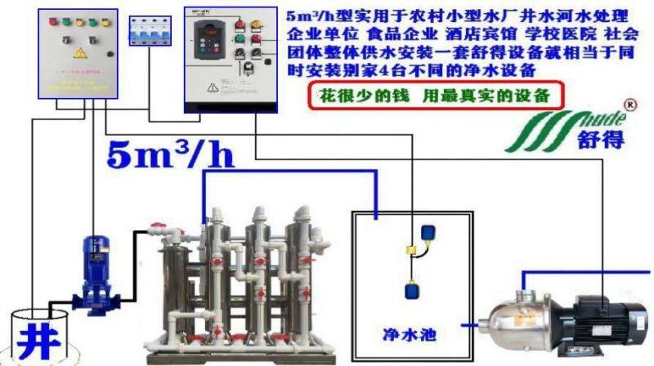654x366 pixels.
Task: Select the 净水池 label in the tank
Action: pyautogui.click(x=406, y=333)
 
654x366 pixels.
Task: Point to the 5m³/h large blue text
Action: pyautogui.click(x=171, y=155)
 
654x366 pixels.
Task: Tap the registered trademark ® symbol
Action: pyautogui.click(x=629, y=105)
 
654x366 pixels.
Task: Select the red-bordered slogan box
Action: pyautogui.click(x=437, y=95)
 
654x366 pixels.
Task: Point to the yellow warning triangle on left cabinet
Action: pyautogui.click(x=80, y=53)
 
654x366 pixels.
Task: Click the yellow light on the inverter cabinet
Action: pyautogui.click(x=258, y=24)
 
